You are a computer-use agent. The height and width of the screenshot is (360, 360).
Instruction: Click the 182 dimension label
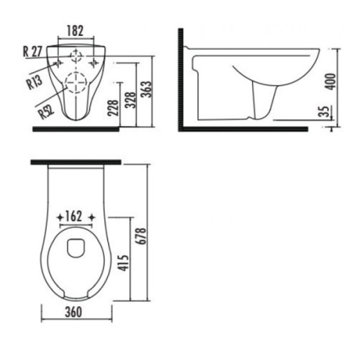click(x=75, y=31)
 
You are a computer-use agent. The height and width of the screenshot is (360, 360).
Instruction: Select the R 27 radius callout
click(x=32, y=51)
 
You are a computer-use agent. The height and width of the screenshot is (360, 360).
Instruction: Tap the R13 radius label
click(x=35, y=82)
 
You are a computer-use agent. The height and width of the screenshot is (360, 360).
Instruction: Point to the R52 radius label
click(x=47, y=111)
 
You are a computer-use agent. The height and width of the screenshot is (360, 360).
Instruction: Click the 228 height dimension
click(x=113, y=108)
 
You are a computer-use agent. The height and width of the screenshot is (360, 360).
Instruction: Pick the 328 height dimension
click(x=131, y=99)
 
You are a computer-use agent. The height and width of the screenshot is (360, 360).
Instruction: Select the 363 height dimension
click(x=146, y=89)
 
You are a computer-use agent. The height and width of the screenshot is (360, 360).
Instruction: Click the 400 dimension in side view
click(x=331, y=81)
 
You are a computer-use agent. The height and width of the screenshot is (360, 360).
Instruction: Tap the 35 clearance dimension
click(x=325, y=111)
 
